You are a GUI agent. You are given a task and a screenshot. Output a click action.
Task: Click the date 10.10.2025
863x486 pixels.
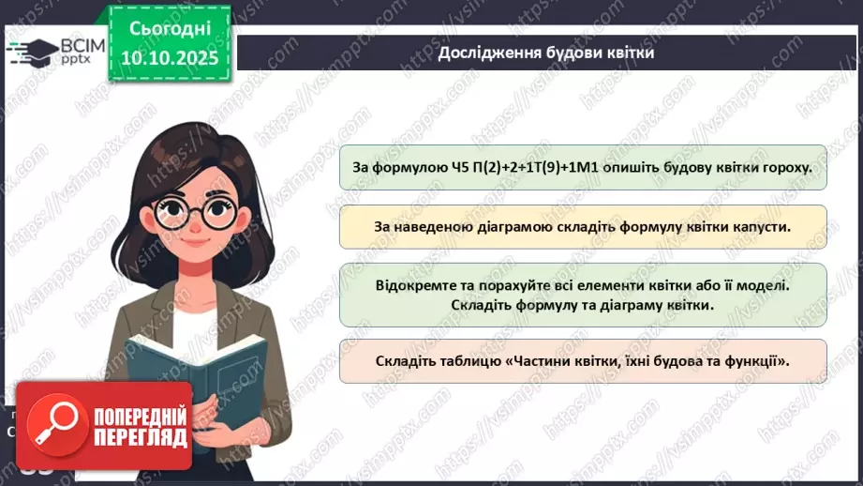[x=171, y=56]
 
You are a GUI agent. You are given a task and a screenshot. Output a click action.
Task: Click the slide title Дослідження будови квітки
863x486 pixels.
[x=545, y=53]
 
